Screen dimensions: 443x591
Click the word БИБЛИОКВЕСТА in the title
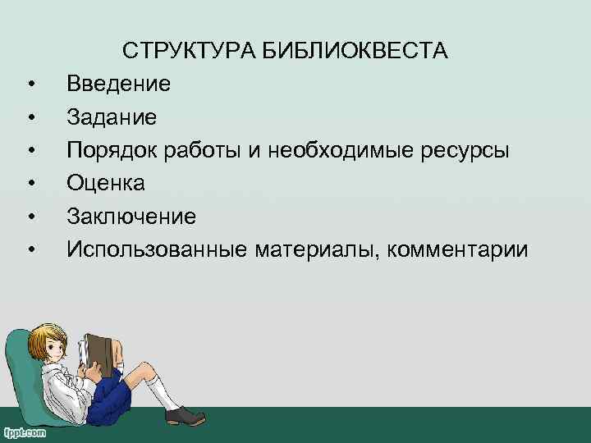point(355,51)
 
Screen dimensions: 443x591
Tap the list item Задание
point(112,117)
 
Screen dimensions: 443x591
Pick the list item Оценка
point(107,184)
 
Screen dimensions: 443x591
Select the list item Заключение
point(131,217)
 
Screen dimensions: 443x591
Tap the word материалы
point(316,249)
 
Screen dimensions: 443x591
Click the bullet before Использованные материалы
point(30,250)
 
